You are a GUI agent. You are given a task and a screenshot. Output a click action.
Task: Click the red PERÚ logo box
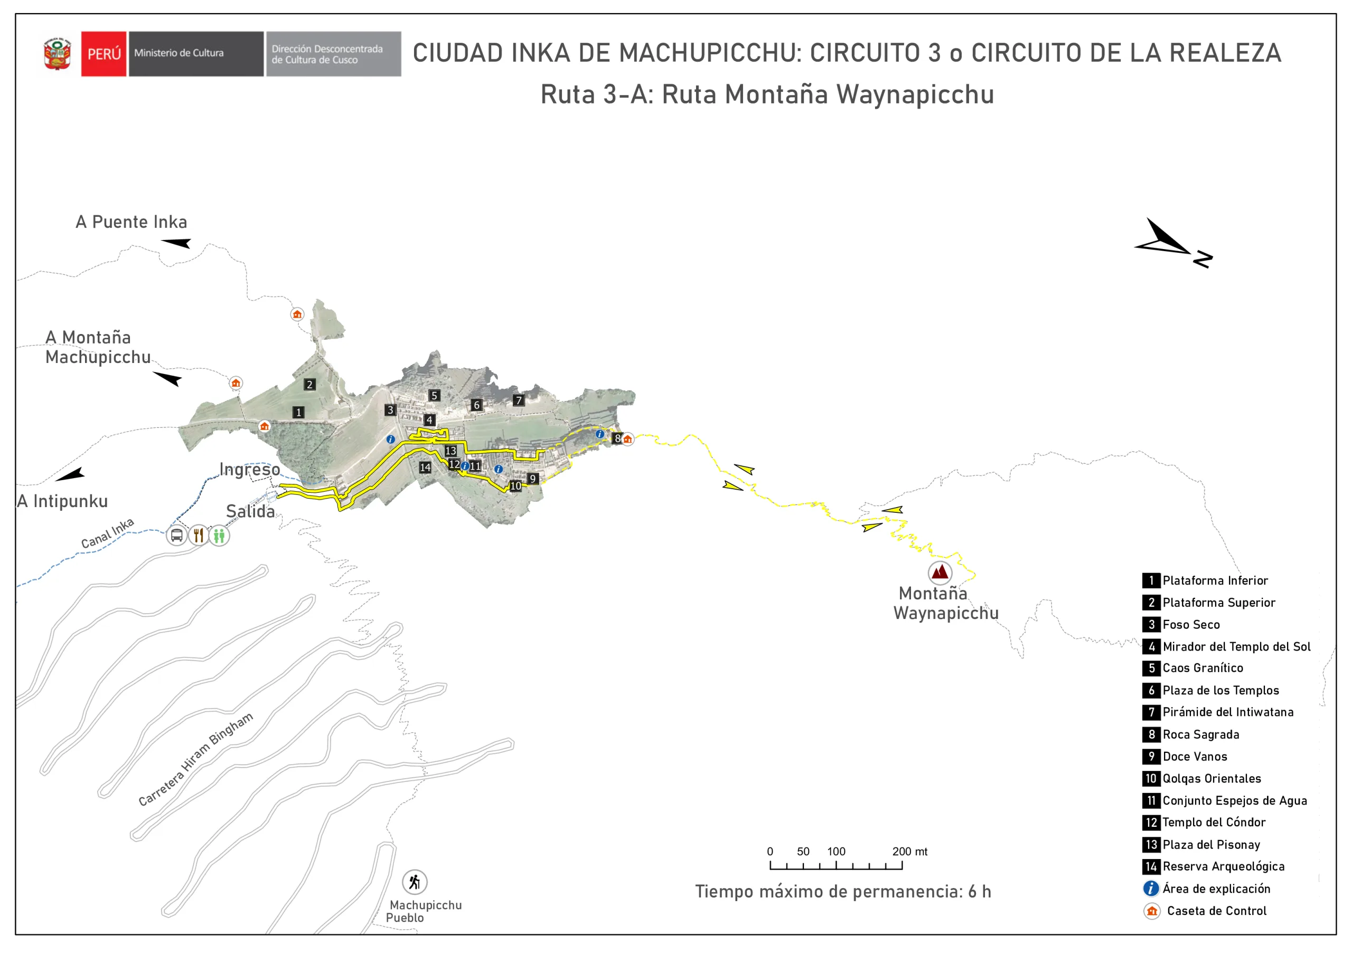pyautogui.click(x=104, y=53)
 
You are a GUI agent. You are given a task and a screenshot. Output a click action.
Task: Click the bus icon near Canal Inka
pyautogui.click(x=176, y=536)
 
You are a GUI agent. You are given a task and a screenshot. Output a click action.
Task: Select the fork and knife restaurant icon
pyautogui.click(x=199, y=536)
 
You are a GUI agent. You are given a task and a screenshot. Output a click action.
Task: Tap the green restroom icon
pyautogui.click(x=219, y=536)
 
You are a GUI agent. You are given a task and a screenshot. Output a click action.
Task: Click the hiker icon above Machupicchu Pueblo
pyautogui.click(x=415, y=882)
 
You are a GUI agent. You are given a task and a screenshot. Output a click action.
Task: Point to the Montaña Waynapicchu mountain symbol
pyautogui.click(x=940, y=572)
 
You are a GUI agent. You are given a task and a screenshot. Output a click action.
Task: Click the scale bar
pyautogui.click(x=835, y=865)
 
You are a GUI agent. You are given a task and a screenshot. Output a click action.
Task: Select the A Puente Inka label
pyautogui.click(x=132, y=222)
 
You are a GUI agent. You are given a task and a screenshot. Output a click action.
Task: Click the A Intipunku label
pyautogui.click(x=62, y=501)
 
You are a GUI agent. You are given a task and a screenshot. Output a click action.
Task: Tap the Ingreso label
pyautogui.click(x=250, y=470)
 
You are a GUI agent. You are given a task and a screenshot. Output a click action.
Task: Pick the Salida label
pyautogui.click(x=250, y=511)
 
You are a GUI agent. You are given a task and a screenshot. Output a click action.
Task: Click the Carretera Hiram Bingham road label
pyautogui.click(x=195, y=759)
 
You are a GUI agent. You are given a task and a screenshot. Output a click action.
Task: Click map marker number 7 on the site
pyautogui.click(x=518, y=400)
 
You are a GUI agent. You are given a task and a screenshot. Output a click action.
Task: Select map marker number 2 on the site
pyautogui.click(x=309, y=385)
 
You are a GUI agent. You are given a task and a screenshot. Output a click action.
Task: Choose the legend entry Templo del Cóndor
pyautogui.click(x=1214, y=823)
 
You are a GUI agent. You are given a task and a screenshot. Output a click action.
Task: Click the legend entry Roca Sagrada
pyautogui.click(x=1200, y=734)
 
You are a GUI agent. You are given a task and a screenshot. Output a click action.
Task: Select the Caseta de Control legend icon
pyautogui.click(x=1152, y=911)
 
